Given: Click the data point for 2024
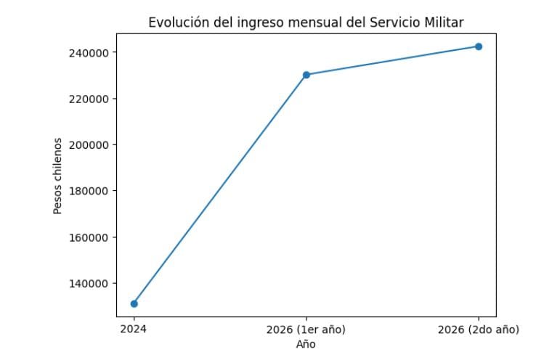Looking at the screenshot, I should [134, 303].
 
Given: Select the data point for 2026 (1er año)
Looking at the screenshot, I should [307, 75].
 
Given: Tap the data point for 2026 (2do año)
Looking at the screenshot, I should [479, 46].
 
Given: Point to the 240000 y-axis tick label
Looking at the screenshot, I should [89, 53].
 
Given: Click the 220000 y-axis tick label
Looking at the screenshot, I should [89, 99].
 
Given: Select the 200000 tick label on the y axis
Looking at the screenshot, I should [89, 145].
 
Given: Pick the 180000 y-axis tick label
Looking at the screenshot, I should [89, 191].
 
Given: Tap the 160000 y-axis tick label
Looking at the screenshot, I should [89, 237].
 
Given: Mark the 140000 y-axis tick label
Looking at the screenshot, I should [89, 284].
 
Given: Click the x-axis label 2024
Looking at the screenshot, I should [134, 330].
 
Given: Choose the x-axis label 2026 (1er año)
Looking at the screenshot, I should [306, 330].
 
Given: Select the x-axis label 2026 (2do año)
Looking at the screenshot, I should [479, 330].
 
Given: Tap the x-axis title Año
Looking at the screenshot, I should [306, 344].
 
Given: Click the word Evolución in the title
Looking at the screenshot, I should [175, 22].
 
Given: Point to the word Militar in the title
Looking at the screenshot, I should [445, 22].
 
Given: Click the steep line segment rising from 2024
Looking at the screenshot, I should [220, 189].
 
